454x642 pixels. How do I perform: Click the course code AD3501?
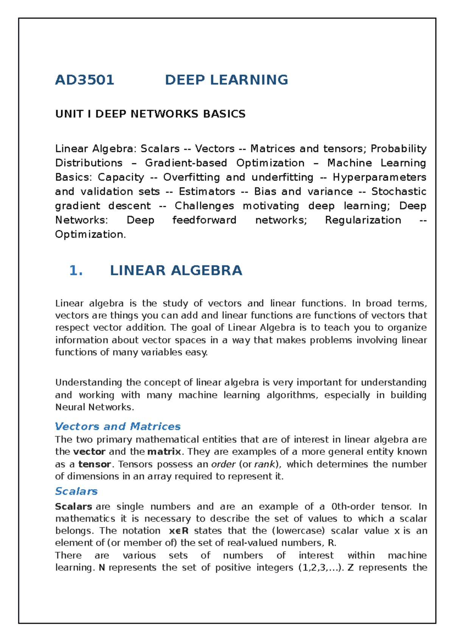point(85,80)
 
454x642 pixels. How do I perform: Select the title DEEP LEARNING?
point(226,80)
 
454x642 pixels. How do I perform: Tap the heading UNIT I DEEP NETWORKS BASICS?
point(150,114)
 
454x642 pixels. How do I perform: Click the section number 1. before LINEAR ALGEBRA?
point(76,270)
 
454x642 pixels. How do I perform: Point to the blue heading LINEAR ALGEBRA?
point(176,270)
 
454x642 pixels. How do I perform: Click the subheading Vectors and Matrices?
point(118,426)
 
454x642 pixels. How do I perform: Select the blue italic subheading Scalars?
point(76,491)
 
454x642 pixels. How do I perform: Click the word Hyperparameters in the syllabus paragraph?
point(379,177)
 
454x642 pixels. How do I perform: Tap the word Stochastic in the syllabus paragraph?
point(399,192)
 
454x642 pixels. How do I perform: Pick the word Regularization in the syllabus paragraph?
point(363,220)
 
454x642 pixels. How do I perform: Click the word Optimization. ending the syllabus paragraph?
point(90,234)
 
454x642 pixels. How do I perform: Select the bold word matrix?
point(164,452)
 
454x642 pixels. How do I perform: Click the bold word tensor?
point(95,464)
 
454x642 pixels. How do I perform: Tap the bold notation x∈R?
point(179,531)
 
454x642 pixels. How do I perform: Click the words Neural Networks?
point(94,407)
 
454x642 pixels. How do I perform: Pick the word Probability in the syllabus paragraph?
point(398,149)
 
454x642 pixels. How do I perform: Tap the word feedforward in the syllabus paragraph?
point(204,220)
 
